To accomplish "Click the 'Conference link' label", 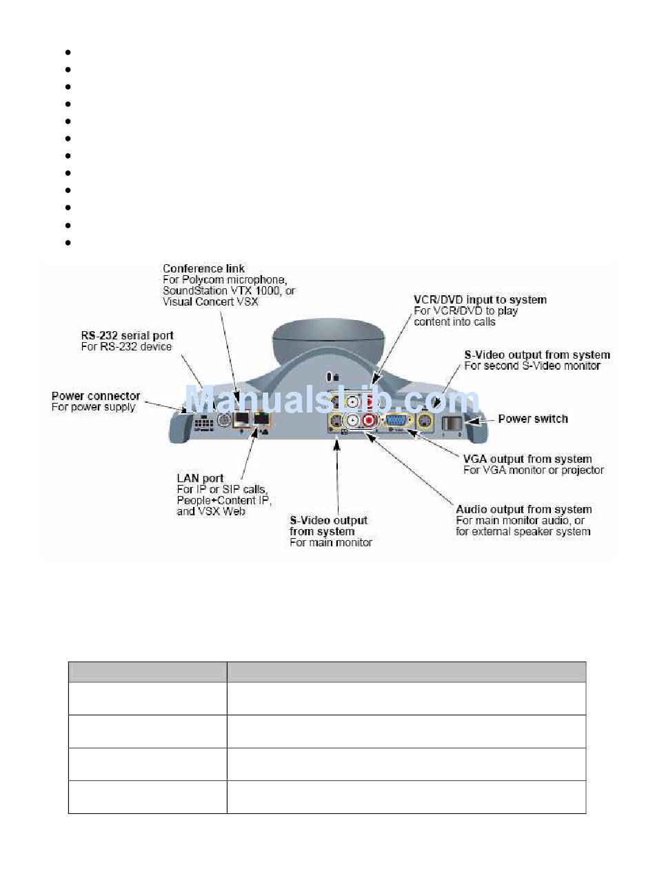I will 203,268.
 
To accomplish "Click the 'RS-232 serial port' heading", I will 128,336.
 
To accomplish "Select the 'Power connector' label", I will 96,396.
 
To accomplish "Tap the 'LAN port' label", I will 199,478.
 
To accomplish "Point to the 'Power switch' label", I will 533,419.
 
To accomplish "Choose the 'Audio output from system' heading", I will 523,510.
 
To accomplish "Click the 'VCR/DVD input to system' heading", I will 480,300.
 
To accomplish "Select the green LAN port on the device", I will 261,419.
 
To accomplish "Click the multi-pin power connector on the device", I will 205,421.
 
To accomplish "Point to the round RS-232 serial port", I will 224,420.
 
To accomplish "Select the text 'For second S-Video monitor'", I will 532,366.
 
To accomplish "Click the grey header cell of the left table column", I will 147,672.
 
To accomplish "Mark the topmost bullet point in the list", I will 68,52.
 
